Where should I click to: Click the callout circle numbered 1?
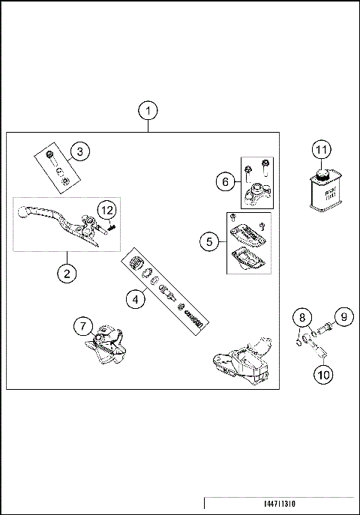pos(148,111)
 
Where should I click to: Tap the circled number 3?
pos(82,151)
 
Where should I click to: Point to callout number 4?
pos(135,300)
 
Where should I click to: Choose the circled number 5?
pos(210,241)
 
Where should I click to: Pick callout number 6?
pos(223,181)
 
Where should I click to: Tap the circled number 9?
pos(342,316)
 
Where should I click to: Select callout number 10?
pos(322,373)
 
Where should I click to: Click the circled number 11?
pos(322,150)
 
